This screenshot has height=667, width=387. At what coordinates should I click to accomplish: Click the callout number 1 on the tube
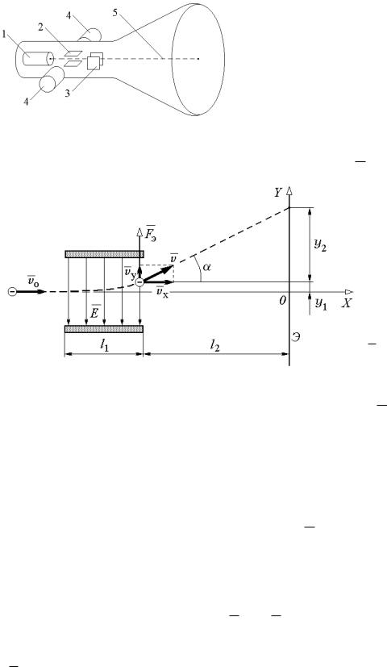pyautogui.click(x=5, y=35)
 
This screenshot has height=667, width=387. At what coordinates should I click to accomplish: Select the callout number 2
pyautogui.click(x=40, y=27)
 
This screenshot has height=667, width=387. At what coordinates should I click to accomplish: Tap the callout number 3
pyautogui.click(x=67, y=94)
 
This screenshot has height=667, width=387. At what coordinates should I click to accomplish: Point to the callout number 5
pyautogui.click(x=114, y=12)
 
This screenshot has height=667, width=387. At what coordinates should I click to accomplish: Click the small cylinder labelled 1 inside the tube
pyautogui.click(x=38, y=59)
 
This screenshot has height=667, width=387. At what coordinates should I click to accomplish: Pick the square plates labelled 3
pyautogui.click(x=95, y=60)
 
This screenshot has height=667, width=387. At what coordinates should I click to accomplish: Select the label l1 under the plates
pyautogui.click(x=103, y=345)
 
